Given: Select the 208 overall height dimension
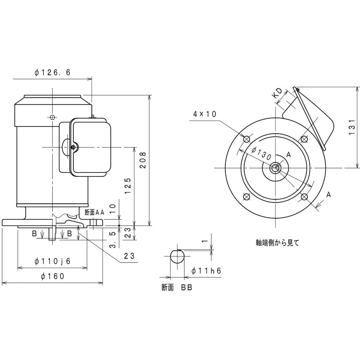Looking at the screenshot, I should point(143,159).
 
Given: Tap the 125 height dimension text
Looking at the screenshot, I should point(128,185).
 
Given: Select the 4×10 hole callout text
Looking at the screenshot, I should point(205,114).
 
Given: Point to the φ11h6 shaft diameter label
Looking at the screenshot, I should point(207,270).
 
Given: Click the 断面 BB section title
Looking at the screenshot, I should point(177,288).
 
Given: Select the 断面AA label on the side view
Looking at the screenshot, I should point(94,211).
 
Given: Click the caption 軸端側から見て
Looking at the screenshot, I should point(277,242).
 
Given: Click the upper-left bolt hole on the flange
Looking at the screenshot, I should point(246,139).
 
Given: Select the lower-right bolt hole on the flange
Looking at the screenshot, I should point(304,197).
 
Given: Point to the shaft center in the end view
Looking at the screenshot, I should point(275,168).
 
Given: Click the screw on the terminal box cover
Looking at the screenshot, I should point(75,146).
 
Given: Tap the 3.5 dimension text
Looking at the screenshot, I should point(114,239).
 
